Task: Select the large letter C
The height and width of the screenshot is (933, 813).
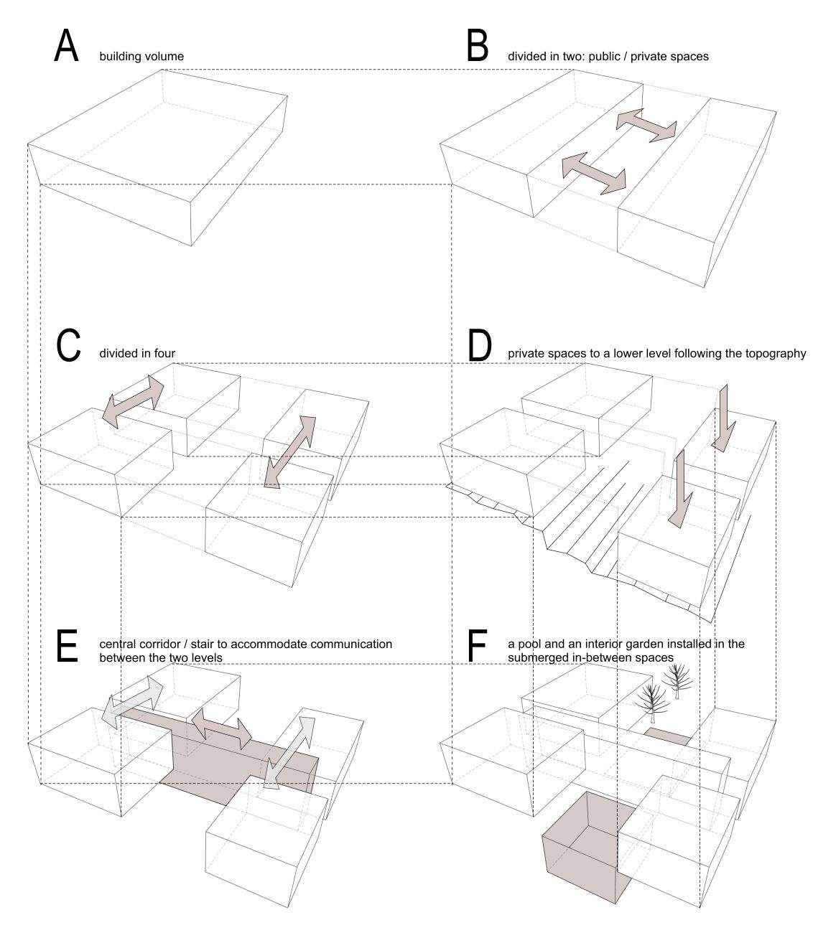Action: point(68,345)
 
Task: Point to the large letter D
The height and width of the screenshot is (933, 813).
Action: point(479,345)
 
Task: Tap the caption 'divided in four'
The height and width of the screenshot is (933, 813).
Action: point(137,353)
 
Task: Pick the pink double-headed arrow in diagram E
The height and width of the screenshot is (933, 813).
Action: point(220,726)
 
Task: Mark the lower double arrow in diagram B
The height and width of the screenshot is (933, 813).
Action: point(593,172)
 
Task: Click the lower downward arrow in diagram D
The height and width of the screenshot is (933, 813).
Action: point(679,488)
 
